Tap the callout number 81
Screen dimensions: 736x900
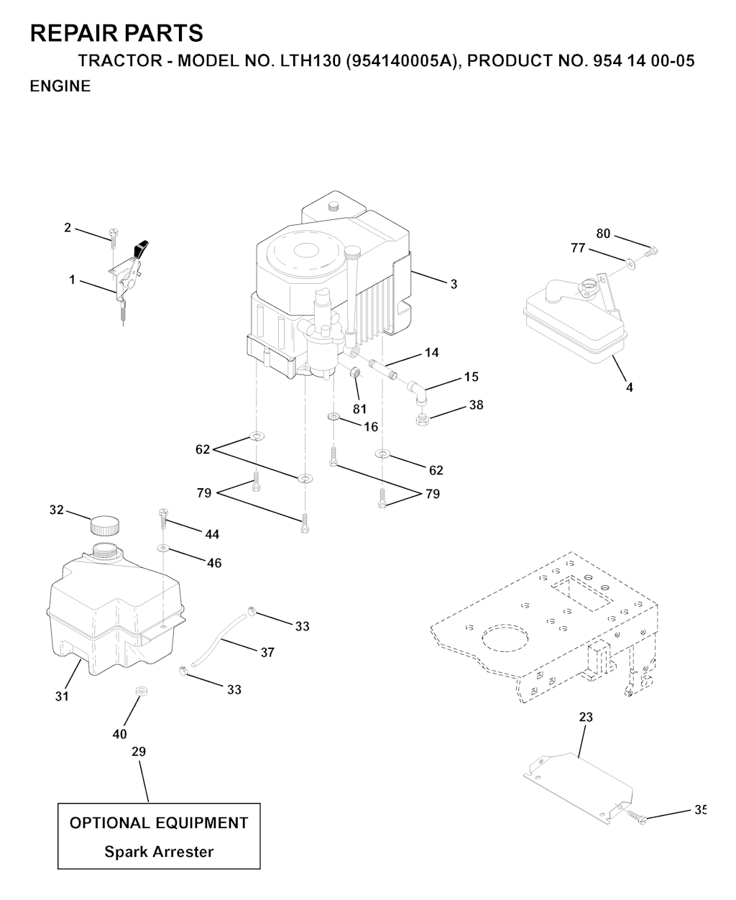(x=359, y=409)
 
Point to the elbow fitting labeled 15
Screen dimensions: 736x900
(x=417, y=392)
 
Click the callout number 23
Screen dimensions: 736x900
(x=586, y=717)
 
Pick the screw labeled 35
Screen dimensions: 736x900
(x=638, y=817)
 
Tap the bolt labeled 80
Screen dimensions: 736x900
(x=650, y=252)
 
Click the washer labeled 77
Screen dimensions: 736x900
(x=630, y=264)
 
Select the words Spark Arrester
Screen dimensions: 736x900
(x=159, y=851)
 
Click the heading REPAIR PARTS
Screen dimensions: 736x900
(x=116, y=33)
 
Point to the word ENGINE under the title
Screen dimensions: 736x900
(x=60, y=86)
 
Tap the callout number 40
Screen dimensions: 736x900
(x=119, y=734)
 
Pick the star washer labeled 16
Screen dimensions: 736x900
(x=333, y=416)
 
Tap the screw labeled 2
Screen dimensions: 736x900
(x=113, y=238)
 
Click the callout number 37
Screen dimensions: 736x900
(x=267, y=652)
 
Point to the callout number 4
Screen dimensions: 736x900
(x=630, y=387)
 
